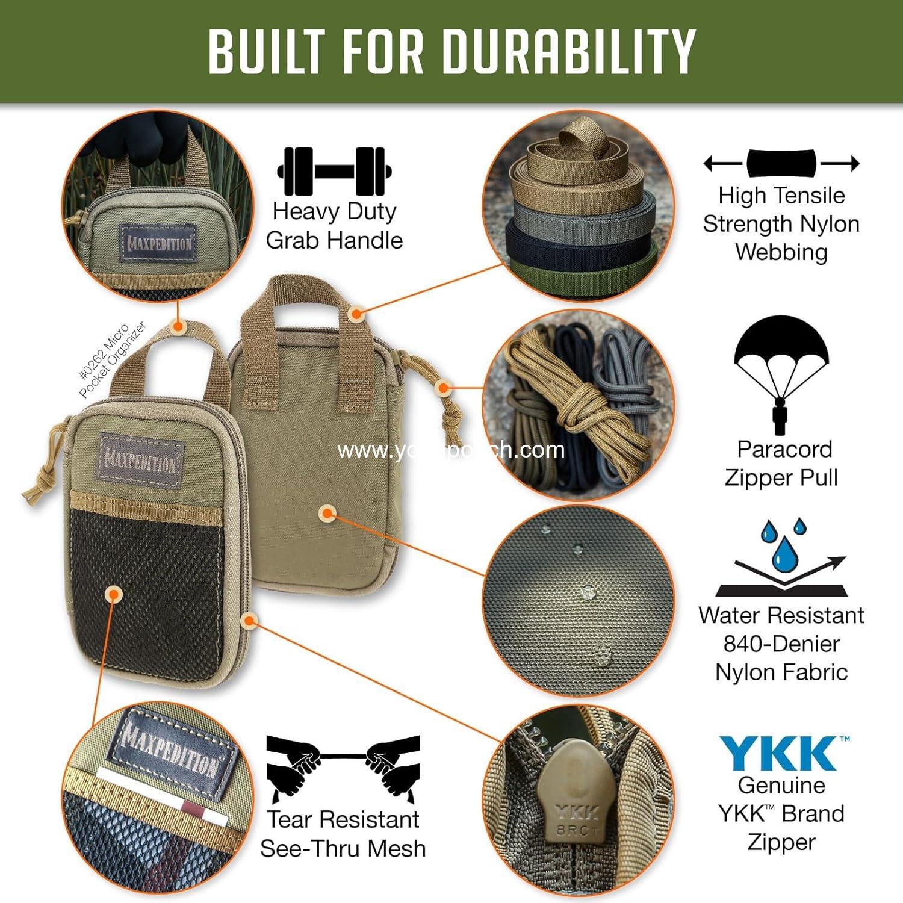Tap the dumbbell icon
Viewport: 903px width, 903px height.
pos(334,172)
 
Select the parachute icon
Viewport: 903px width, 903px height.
pos(781,373)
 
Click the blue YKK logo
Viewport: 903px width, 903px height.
pos(781,754)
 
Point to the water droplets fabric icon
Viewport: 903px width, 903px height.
pos(781,557)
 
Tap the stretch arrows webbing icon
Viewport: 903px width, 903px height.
pos(781,163)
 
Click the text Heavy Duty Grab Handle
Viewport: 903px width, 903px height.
pos(334,226)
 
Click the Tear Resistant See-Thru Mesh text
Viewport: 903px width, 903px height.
pos(343,834)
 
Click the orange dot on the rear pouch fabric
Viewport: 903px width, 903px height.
pos(328,514)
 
